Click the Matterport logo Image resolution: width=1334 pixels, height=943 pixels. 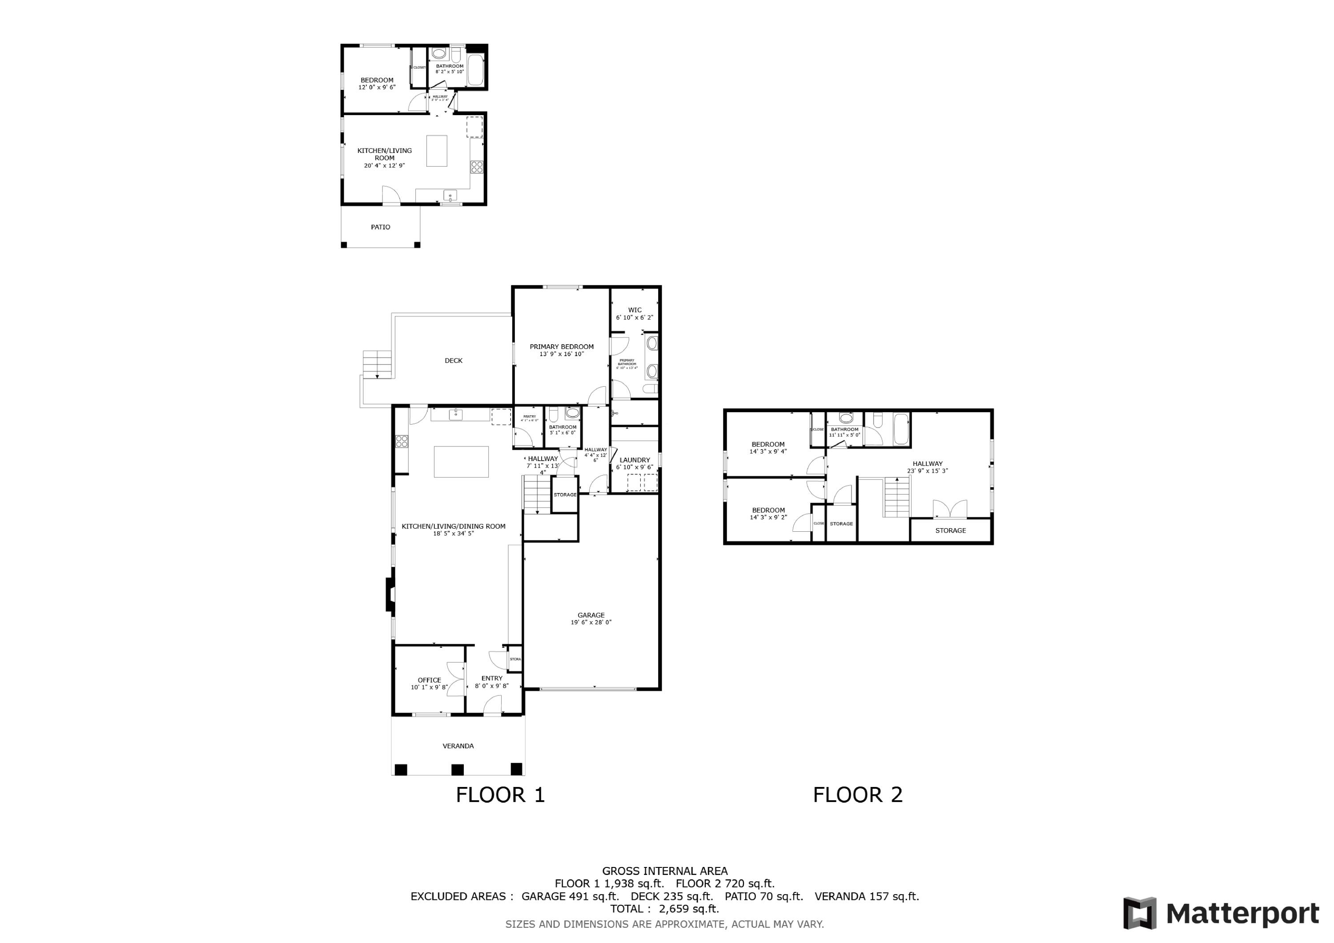coord(1220,913)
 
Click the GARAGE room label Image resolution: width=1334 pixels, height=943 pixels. coord(591,615)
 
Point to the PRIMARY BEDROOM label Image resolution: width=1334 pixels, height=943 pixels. coord(561,346)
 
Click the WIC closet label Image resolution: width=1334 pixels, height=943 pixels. coord(635,310)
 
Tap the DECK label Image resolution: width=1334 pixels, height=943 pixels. coord(453,360)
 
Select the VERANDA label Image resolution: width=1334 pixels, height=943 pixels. coord(458,746)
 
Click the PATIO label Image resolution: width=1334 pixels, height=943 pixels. coord(381,227)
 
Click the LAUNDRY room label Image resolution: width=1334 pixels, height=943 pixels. coord(635,460)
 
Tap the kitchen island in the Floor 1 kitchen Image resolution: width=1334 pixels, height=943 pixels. coord(461,461)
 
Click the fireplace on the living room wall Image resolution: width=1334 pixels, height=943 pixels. coord(390,594)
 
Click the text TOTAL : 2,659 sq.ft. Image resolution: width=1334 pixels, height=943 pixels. coord(664,909)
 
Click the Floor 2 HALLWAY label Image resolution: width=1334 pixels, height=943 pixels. coord(927,464)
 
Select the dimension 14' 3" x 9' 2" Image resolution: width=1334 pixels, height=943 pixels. coord(767,517)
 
